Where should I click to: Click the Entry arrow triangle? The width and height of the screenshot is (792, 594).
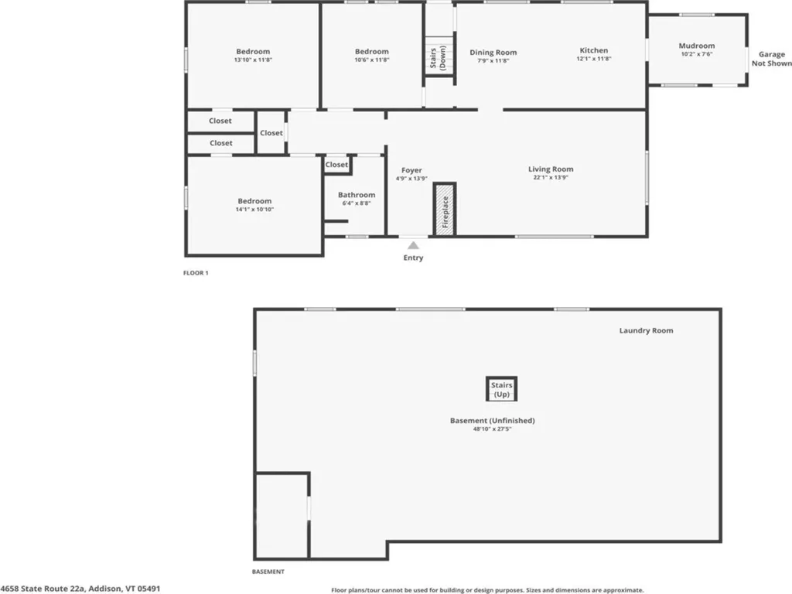pyautogui.click(x=413, y=245)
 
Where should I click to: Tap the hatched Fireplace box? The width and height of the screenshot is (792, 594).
pyautogui.click(x=445, y=209)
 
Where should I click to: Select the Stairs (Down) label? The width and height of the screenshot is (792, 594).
pyautogui.click(x=438, y=57)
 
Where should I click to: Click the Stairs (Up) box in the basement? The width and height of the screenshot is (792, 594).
pyautogui.click(x=501, y=389)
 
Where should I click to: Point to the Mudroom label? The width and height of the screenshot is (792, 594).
pyautogui.click(x=697, y=46)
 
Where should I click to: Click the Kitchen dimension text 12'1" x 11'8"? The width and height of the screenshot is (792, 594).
pyautogui.click(x=594, y=59)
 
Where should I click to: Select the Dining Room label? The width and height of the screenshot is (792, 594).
pyautogui.click(x=493, y=52)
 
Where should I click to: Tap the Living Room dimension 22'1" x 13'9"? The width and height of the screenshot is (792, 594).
pyautogui.click(x=551, y=177)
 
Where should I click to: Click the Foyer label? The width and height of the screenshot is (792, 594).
pyautogui.click(x=411, y=170)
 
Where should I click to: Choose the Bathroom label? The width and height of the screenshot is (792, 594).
pyautogui.click(x=357, y=194)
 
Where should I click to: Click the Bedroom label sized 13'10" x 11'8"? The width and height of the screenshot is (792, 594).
pyautogui.click(x=253, y=52)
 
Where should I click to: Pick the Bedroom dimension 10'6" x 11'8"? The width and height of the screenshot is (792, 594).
pyautogui.click(x=372, y=60)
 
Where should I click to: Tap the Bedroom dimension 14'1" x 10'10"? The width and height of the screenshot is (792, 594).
pyautogui.click(x=254, y=209)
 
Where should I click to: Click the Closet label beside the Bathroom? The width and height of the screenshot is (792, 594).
pyautogui.click(x=336, y=165)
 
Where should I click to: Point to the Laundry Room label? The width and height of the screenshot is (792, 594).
pyautogui.click(x=646, y=330)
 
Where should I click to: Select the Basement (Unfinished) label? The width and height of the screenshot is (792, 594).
pyautogui.click(x=493, y=420)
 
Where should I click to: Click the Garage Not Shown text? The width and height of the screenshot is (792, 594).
pyautogui.click(x=771, y=59)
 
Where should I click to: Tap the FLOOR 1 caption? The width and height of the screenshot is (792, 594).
pyautogui.click(x=196, y=273)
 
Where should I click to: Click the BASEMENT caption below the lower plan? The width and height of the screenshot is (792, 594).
pyautogui.click(x=268, y=572)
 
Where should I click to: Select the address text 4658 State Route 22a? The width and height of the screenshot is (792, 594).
pyautogui.click(x=43, y=589)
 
